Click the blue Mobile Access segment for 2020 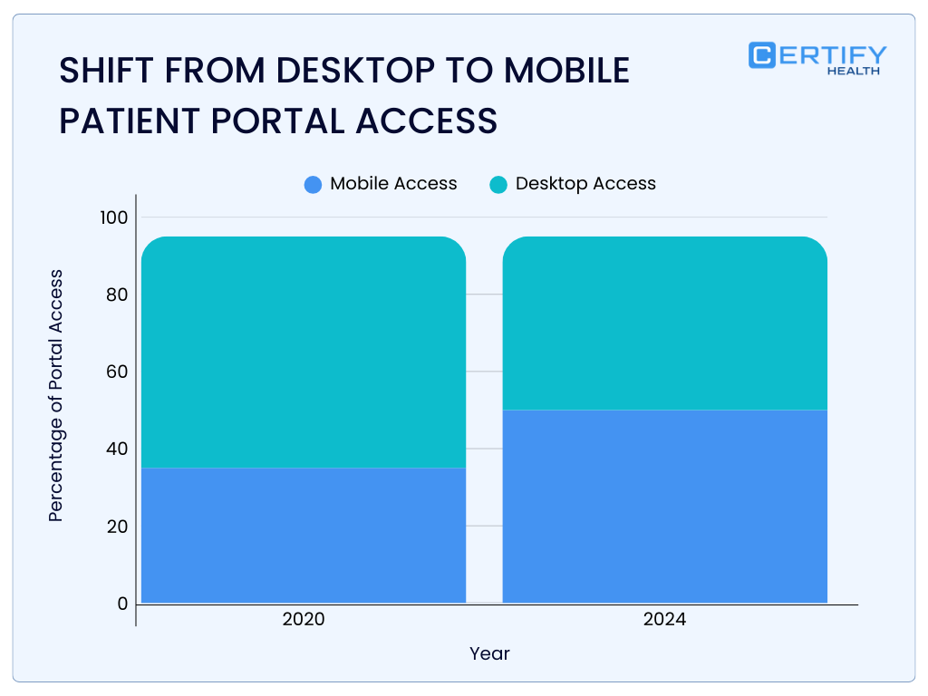pyautogui.click(x=304, y=535)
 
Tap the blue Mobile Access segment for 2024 pyautogui.click(x=664, y=506)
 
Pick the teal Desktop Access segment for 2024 pyautogui.click(x=664, y=323)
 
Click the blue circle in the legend pyautogui.click(x=314, y=185)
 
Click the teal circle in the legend pyautogui.click(x=498, y=185)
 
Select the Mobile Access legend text pyautogui.click(x=393, y=184)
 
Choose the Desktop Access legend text pyautogui.click(x=585, y=184)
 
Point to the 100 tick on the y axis pyautogui.click(x=115, y=217)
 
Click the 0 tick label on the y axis pyautogui.click(x=122, y=604)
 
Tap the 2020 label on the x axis pyautogui.click(x=304, y=621)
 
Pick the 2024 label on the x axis pyautogui.click(x=664, y=621)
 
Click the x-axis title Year pyautogui.click(x=489, y=653)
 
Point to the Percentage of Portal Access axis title pyautogui.click(x=56, y=395)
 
